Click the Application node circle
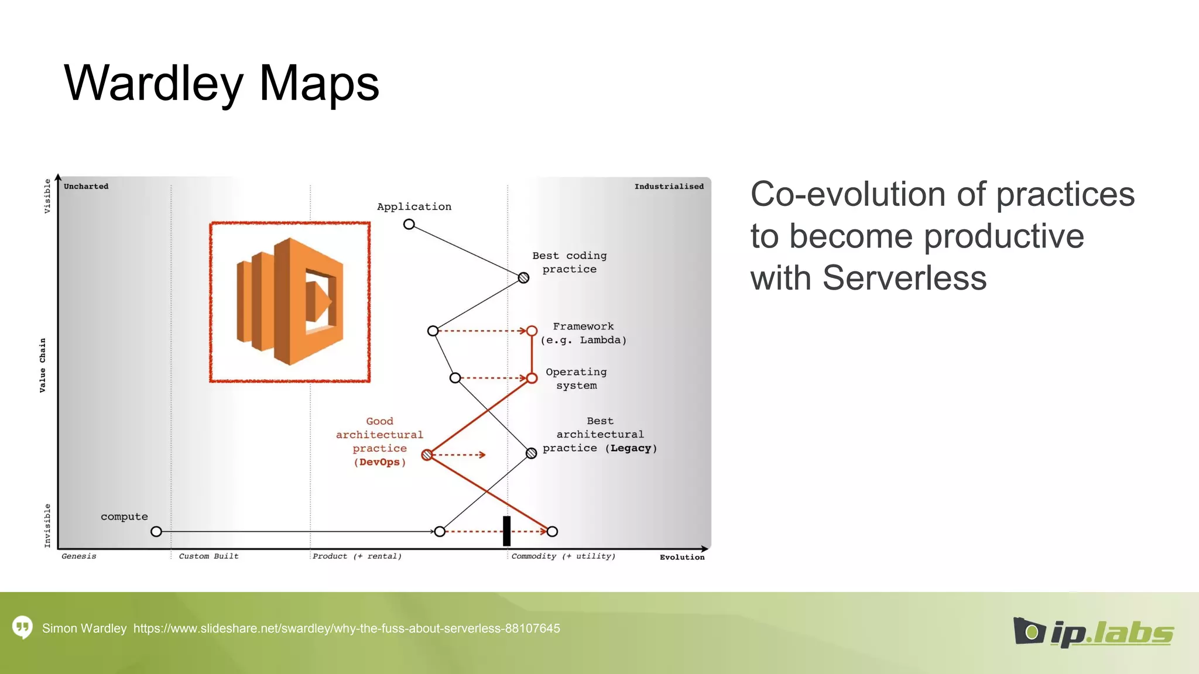(x=409, y=224)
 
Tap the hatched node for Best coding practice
(x=523, y=278)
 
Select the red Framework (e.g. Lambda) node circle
(x=532, y=331)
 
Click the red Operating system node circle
(x=532, y=379)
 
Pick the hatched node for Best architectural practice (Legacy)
(x=531, y=453)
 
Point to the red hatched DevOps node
(x=427, y=455)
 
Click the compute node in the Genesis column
(x=156, y=531)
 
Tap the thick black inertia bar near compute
(x=506, y=531)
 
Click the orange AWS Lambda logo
(x=290, y=301)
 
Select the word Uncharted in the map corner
(x=86, y=187)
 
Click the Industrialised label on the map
(x=669, y=187)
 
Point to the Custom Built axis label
(x=208, y=556)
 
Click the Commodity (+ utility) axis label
(x=563, y=556)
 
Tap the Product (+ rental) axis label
(x=357, y=556)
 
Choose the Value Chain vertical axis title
(x=43, y=365)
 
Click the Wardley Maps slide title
(x=221, y=84)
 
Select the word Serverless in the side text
(x=904, y=277)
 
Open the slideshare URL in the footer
(x=347, y=628)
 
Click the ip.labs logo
(x=1093, y=632)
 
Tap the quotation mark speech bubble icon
(x=22, y=628)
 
